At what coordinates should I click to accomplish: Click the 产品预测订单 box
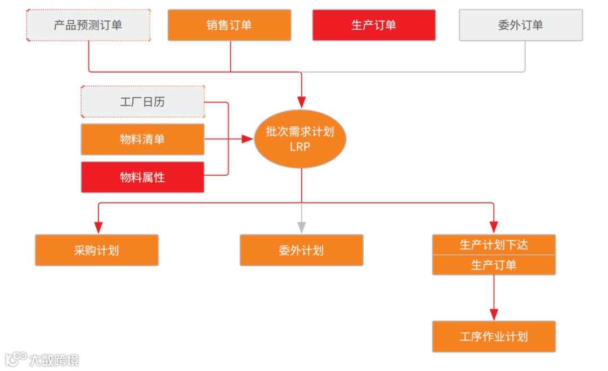[x=88, y=25]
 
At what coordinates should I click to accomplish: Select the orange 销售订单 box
[x=229, y=25]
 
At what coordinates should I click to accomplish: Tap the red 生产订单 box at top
[x=374, y=25]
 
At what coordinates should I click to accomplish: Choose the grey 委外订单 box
[x=521, y=25]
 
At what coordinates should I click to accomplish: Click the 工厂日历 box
[x=142, y=102]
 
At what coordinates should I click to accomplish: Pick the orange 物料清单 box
[x=142, y=139]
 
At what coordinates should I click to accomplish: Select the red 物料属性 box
[x=142, y=177]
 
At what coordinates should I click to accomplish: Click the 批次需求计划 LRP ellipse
[x=300, y=139]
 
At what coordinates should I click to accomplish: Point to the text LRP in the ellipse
[x=300, y=147]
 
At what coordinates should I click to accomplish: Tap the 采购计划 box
[x=96, y=250]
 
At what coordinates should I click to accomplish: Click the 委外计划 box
[x=301, y=250]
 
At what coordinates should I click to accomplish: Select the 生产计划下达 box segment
[x=494, y=245]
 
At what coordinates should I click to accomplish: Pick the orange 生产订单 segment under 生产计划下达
[x=494, y=265]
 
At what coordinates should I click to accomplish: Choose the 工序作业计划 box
[x=494, y=337]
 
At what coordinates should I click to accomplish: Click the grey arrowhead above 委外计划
[x=302, y=227]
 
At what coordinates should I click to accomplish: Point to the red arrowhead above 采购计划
[x=99, y=227]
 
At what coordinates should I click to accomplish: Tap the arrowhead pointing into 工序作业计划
[x=494, y=314]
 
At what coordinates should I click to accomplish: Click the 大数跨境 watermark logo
[x=42, y=359]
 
